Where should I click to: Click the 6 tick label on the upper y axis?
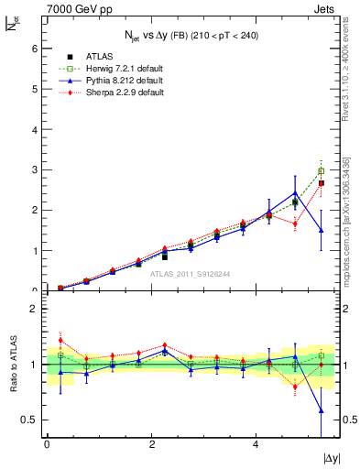[34, 49]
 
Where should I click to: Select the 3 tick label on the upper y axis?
[34, 170]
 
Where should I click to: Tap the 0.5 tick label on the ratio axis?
[30, 420]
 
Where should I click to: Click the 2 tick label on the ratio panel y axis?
[34, 310]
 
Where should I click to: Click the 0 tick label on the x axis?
[47, 444]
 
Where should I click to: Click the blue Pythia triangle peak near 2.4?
[295, 193]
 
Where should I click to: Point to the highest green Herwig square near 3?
[321, 170]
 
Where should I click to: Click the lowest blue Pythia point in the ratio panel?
[321, 411]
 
